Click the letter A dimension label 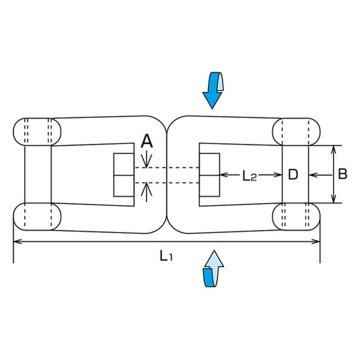[x=146, y=141]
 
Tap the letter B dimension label [x=343, y=174]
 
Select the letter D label [x=293, y=175]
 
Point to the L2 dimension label [x=250, y=176]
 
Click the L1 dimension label [x=166, y=255]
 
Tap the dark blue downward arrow [x=213, y=90]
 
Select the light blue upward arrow [x=213, y=268]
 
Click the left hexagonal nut [x=124, y=175]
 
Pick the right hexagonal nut [x=209, y=175]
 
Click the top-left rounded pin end [x=37, y=132]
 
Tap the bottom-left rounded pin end [x=37, y=217]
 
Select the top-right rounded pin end [x=296, y=132]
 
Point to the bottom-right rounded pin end [x=296, y=217]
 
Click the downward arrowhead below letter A [x=146, y=164]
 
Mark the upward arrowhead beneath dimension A [x=146, y=188]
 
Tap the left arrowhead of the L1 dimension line [x=17, y=241]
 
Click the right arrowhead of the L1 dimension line [x=315, y=241]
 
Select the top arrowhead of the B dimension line [x=334, y=150]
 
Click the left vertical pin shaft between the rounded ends [x=38, y=174]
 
